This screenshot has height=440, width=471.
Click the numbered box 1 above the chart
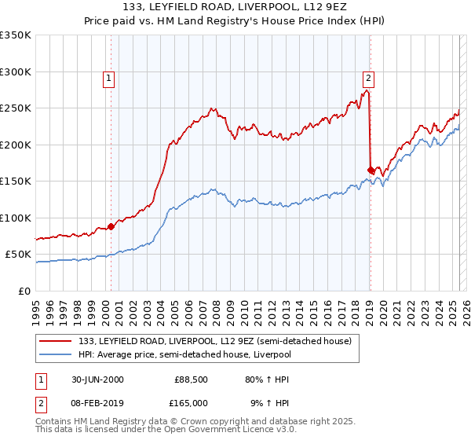(108, 78)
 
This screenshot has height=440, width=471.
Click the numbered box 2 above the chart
(367, 78)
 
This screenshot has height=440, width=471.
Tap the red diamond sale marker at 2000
(111, 226)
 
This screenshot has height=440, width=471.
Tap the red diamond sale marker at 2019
(371, 170)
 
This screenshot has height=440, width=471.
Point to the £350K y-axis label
(15, 35)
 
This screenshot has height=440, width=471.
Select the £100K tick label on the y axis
(15, 218)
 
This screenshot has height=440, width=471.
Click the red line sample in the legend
(56, 340)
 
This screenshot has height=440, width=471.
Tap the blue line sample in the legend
(56, 354)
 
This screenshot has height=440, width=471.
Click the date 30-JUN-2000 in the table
(97, 379)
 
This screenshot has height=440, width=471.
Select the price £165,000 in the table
(192, 402)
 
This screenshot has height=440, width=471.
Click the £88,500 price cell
(192, 379)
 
